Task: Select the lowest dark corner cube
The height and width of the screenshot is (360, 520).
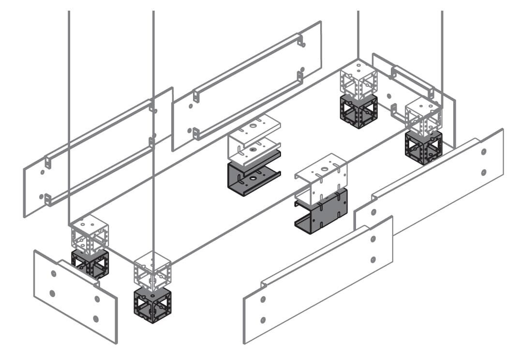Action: [x=152, y=305]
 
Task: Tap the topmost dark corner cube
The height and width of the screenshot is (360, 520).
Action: [x=358, y=111]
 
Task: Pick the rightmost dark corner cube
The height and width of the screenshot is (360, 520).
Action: [x=423, y=147]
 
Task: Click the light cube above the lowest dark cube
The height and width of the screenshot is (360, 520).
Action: [x=152, y=270]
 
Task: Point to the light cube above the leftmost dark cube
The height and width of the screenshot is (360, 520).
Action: [x=89, y=234]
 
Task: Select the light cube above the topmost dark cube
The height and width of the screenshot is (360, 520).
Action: [x=358, y=79]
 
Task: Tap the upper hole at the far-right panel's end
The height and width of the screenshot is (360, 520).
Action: [x=484, y=152]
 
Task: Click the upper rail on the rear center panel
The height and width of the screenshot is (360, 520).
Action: [x=248, y=63]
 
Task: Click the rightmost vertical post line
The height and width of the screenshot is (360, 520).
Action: [x=442, y=53]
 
